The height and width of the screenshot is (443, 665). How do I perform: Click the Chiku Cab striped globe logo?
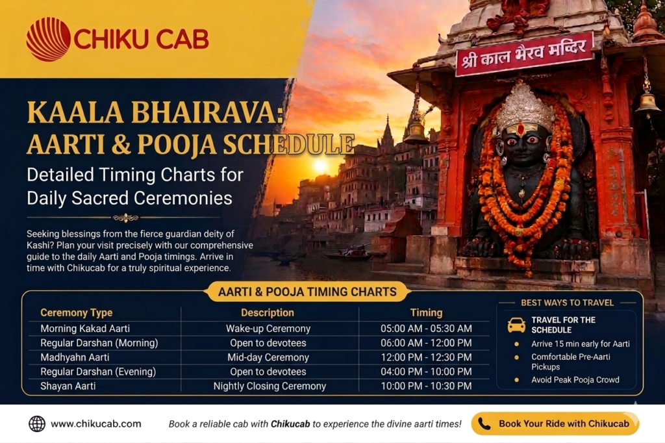pos(48,39)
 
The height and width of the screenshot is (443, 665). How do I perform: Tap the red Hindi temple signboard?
pos(525,53)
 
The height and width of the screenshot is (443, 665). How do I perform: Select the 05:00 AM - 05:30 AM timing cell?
pos(426,329)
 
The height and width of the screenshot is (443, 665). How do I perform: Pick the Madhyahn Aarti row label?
pos(75,357)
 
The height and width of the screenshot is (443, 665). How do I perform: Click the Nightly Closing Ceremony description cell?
pos(270,386)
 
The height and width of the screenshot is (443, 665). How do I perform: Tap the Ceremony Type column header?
pos(77,312)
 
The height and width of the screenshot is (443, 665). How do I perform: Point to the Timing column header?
pos(426,312)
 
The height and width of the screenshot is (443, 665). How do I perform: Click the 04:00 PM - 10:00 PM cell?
pos(426,372)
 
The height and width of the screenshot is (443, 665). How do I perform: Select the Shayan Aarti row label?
pos(68,386)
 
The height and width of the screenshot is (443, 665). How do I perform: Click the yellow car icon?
pos(516,325)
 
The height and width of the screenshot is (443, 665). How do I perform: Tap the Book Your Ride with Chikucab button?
pos(555,424)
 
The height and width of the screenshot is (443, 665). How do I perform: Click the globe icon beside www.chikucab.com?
pos(37,424)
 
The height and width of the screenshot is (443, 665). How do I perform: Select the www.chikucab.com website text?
pos(96,424)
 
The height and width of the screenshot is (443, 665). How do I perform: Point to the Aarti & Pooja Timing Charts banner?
pos(307,292)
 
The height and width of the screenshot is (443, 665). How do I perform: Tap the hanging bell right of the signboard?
pos(647,103)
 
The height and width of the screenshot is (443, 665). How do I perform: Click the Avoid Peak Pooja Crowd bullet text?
pos(575,380)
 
